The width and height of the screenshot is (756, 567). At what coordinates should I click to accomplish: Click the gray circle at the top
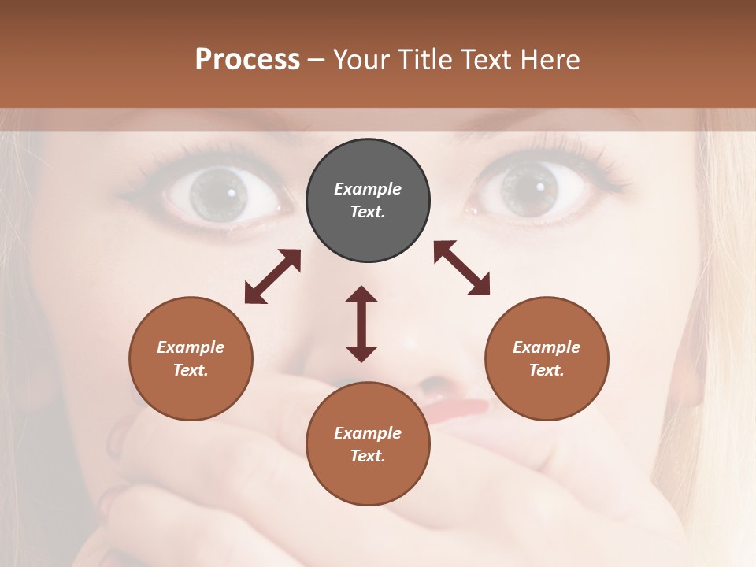[x=368, y=201]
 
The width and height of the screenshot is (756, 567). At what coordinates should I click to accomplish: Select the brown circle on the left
[x=191, y=358]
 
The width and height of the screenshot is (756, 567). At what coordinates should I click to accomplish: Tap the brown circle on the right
[x=547, y=358]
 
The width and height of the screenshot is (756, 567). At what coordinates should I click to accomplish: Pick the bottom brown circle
[x=368, y=444]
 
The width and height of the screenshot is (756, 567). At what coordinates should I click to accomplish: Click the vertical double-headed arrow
[x=361, y=324]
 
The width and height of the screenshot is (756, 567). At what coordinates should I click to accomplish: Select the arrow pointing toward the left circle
[x=272, y=276]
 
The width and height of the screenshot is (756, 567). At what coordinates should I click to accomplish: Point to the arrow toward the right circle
[x=461, y=268]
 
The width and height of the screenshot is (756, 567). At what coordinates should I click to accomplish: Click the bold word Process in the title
[x=247, y=59]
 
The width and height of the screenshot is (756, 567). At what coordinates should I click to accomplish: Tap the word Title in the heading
[x=426, y=59]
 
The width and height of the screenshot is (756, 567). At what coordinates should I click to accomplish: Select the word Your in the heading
[x=361, y=59]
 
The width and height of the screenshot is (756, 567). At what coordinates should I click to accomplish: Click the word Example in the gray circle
[x=368, y=189]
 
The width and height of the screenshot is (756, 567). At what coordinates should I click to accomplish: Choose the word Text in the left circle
[x=190, y=370]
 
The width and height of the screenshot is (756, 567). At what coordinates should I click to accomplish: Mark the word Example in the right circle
[x=547, y=347]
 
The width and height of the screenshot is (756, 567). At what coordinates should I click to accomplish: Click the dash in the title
[x=317, y=60]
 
